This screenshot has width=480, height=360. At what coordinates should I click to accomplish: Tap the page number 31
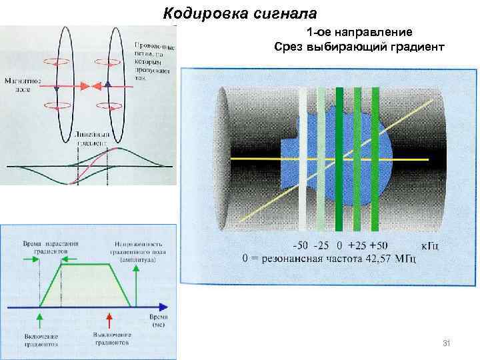pyautogui.click(x=447, y=343)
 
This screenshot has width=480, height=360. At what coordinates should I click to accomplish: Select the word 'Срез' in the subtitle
pyautogui.click(x=287, y=47)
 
